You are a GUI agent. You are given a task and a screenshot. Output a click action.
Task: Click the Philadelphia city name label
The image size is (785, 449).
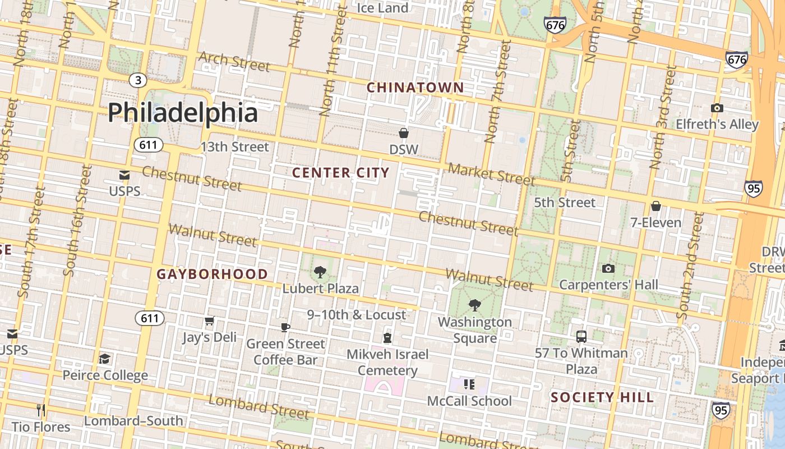183,113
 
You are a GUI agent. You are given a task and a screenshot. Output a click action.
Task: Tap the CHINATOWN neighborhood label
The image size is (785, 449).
415,88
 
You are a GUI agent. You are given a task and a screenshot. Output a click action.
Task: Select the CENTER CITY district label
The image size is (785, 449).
340,173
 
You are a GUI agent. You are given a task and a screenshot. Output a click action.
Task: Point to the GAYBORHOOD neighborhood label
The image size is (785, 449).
212,274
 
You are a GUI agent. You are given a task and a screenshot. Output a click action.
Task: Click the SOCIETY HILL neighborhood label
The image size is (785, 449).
602,397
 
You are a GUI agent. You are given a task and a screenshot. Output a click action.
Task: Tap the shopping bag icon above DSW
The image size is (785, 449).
403,133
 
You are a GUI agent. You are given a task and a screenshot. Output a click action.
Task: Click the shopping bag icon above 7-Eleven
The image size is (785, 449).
655,206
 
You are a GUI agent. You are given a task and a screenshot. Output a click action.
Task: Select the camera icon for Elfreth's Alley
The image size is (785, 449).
717,108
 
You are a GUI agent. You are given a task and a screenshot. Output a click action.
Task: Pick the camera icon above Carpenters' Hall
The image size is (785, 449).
608,268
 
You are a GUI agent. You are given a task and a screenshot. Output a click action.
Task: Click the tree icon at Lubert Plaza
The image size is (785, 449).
320,272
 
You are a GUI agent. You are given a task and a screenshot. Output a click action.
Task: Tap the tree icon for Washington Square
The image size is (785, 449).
474,305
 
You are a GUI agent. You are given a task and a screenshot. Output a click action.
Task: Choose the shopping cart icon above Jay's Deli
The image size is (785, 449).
210,321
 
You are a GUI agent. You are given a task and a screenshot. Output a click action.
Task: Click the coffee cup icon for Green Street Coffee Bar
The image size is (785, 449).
285,327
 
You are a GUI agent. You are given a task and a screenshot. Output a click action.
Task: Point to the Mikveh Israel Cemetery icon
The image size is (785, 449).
387,337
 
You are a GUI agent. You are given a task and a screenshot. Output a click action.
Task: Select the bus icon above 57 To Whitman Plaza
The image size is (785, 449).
581,337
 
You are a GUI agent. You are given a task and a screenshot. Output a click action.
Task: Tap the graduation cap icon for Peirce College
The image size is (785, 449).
105,359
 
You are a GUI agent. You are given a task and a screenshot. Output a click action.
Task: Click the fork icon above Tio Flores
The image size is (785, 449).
41,410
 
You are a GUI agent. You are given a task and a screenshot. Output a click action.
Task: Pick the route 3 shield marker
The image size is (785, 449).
138,80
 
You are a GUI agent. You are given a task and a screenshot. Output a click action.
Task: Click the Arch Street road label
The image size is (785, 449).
234,62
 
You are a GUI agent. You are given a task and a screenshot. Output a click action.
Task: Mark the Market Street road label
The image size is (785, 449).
491,174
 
